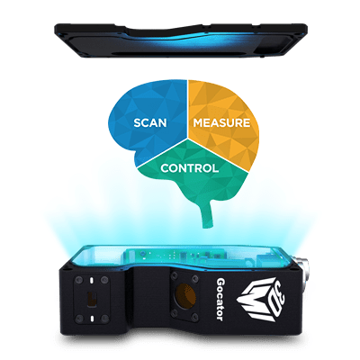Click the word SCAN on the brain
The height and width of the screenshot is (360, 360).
pos(150,123)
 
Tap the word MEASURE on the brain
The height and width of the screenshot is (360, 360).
pos(221,123)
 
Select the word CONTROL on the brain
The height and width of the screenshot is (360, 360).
pos(190,168)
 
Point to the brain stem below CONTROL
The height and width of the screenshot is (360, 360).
pos(209,214)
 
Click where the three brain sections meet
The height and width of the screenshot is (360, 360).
pos(188,139)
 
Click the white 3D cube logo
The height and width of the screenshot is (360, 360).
pos(260,300)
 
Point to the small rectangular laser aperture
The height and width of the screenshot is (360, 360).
pos(91,299)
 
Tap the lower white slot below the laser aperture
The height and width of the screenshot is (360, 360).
pos(92,318)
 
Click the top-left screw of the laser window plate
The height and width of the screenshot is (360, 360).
pos(79,281)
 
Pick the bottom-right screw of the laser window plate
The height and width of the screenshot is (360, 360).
pos(104,319)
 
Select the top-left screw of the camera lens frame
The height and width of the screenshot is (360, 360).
pos(174,274)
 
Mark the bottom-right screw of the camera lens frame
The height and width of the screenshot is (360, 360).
pos(195,316)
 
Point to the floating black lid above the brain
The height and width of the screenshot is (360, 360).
pos(181,40)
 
